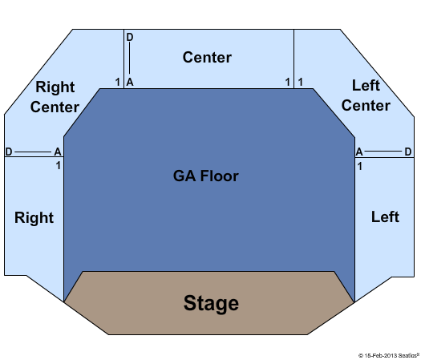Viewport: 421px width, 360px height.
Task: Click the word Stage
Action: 211,303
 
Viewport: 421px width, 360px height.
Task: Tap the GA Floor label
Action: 206,176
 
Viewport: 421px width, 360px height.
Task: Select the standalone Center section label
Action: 207,58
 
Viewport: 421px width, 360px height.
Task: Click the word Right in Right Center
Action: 55,87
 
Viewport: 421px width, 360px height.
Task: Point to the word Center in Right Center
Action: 55,107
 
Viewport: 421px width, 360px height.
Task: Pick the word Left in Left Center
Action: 366,85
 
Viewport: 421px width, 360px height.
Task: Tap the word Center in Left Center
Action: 366,105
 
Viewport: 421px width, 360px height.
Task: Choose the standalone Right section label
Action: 34,218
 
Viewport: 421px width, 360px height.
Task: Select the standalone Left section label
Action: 385,216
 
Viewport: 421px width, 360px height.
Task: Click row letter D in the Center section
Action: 130,38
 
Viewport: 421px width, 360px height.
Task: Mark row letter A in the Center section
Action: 130,82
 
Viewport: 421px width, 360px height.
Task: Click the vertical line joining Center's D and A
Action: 130,58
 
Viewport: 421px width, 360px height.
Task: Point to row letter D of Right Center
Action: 9,152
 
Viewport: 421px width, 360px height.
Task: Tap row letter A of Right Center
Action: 58,152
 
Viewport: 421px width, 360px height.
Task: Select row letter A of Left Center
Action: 359,152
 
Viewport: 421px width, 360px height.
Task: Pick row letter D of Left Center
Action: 408,152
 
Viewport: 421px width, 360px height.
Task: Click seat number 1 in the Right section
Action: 59,166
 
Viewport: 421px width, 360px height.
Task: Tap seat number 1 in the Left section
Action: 360,167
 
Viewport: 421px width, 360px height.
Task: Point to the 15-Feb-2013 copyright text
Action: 389,356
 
